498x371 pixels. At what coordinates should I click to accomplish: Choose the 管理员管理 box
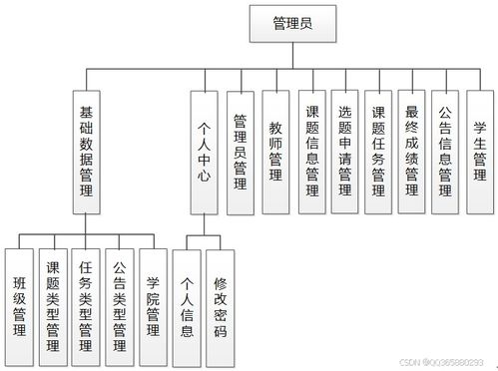pyautogui.click(x=240, y=152)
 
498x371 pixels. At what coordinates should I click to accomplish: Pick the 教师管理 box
pyautogui.click(x=275, y=152)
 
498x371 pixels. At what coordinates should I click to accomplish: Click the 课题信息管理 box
pyautogui.click(x=311, y=152)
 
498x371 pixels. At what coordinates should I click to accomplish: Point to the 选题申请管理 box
pyautogui.click(x=344, y=152)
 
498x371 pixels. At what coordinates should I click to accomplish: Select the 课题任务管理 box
pyautogui.click(x=378, y=152)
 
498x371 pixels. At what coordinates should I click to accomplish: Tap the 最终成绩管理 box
pyautogui.click(x=412, y=152)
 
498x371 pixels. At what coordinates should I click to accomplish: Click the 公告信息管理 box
pyautogui.click(x=445, y=152)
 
